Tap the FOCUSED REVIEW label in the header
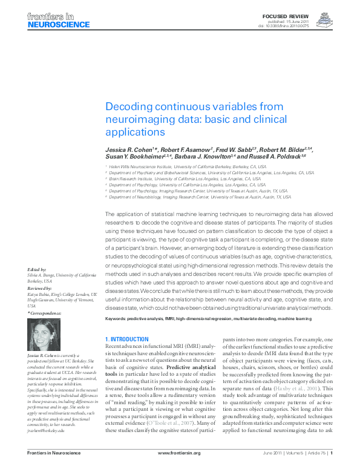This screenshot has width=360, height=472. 295,13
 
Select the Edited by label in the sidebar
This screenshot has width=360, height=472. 37,269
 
